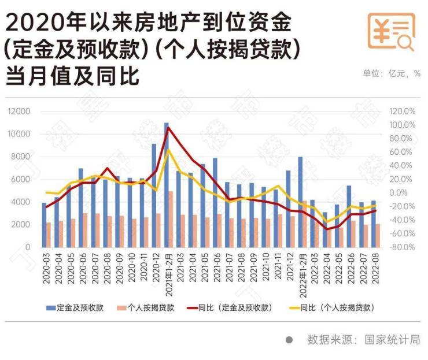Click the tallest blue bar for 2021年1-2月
point(166,185)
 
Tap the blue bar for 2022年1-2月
point(300,202)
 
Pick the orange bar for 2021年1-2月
point(171,219)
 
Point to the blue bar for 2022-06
point(349,216)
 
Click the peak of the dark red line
point(168,128)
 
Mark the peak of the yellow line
point(168,150)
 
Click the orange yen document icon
point(392,33)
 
